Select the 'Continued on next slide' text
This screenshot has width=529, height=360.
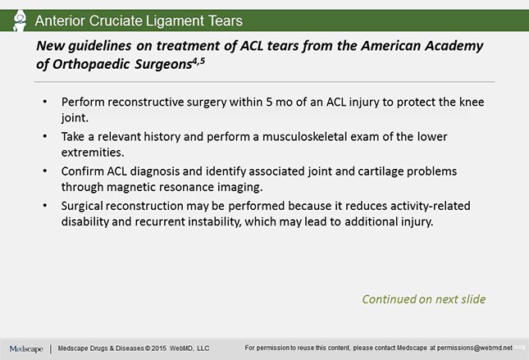click(x=423, y=298)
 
